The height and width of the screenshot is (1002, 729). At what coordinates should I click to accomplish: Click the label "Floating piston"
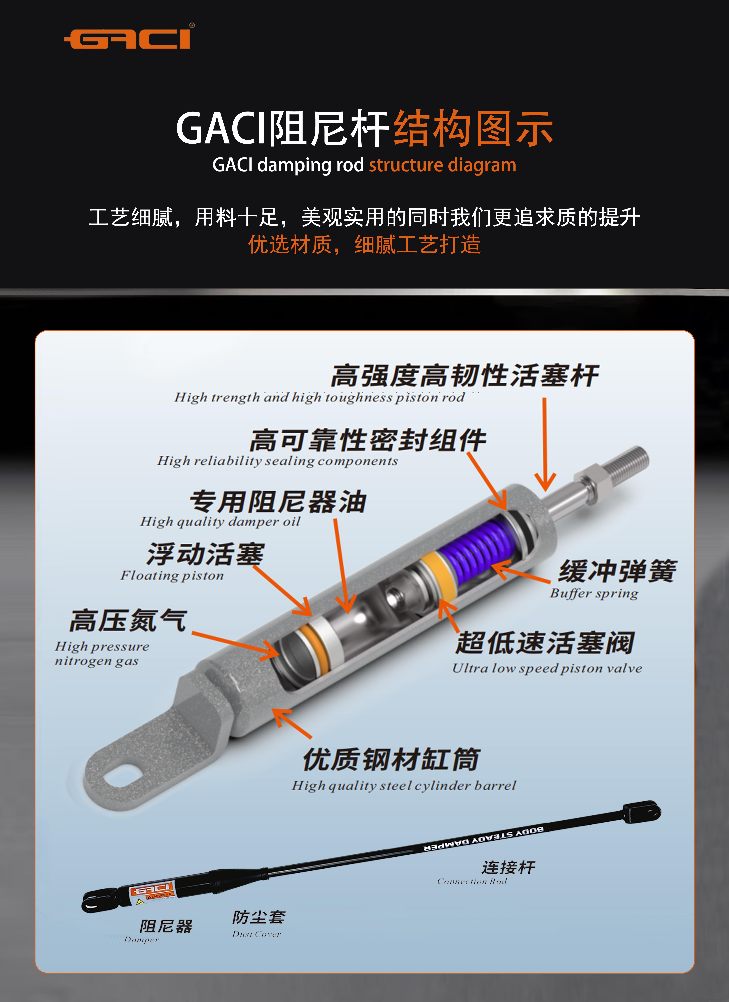tap(172, 575)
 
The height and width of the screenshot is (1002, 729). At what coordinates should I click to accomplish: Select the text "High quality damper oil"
tap(220, 522)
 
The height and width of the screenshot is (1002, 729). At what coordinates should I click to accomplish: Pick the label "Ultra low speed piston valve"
tap(547, 668)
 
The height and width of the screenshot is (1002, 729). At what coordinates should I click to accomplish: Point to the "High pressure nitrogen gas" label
tap(102, 653)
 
